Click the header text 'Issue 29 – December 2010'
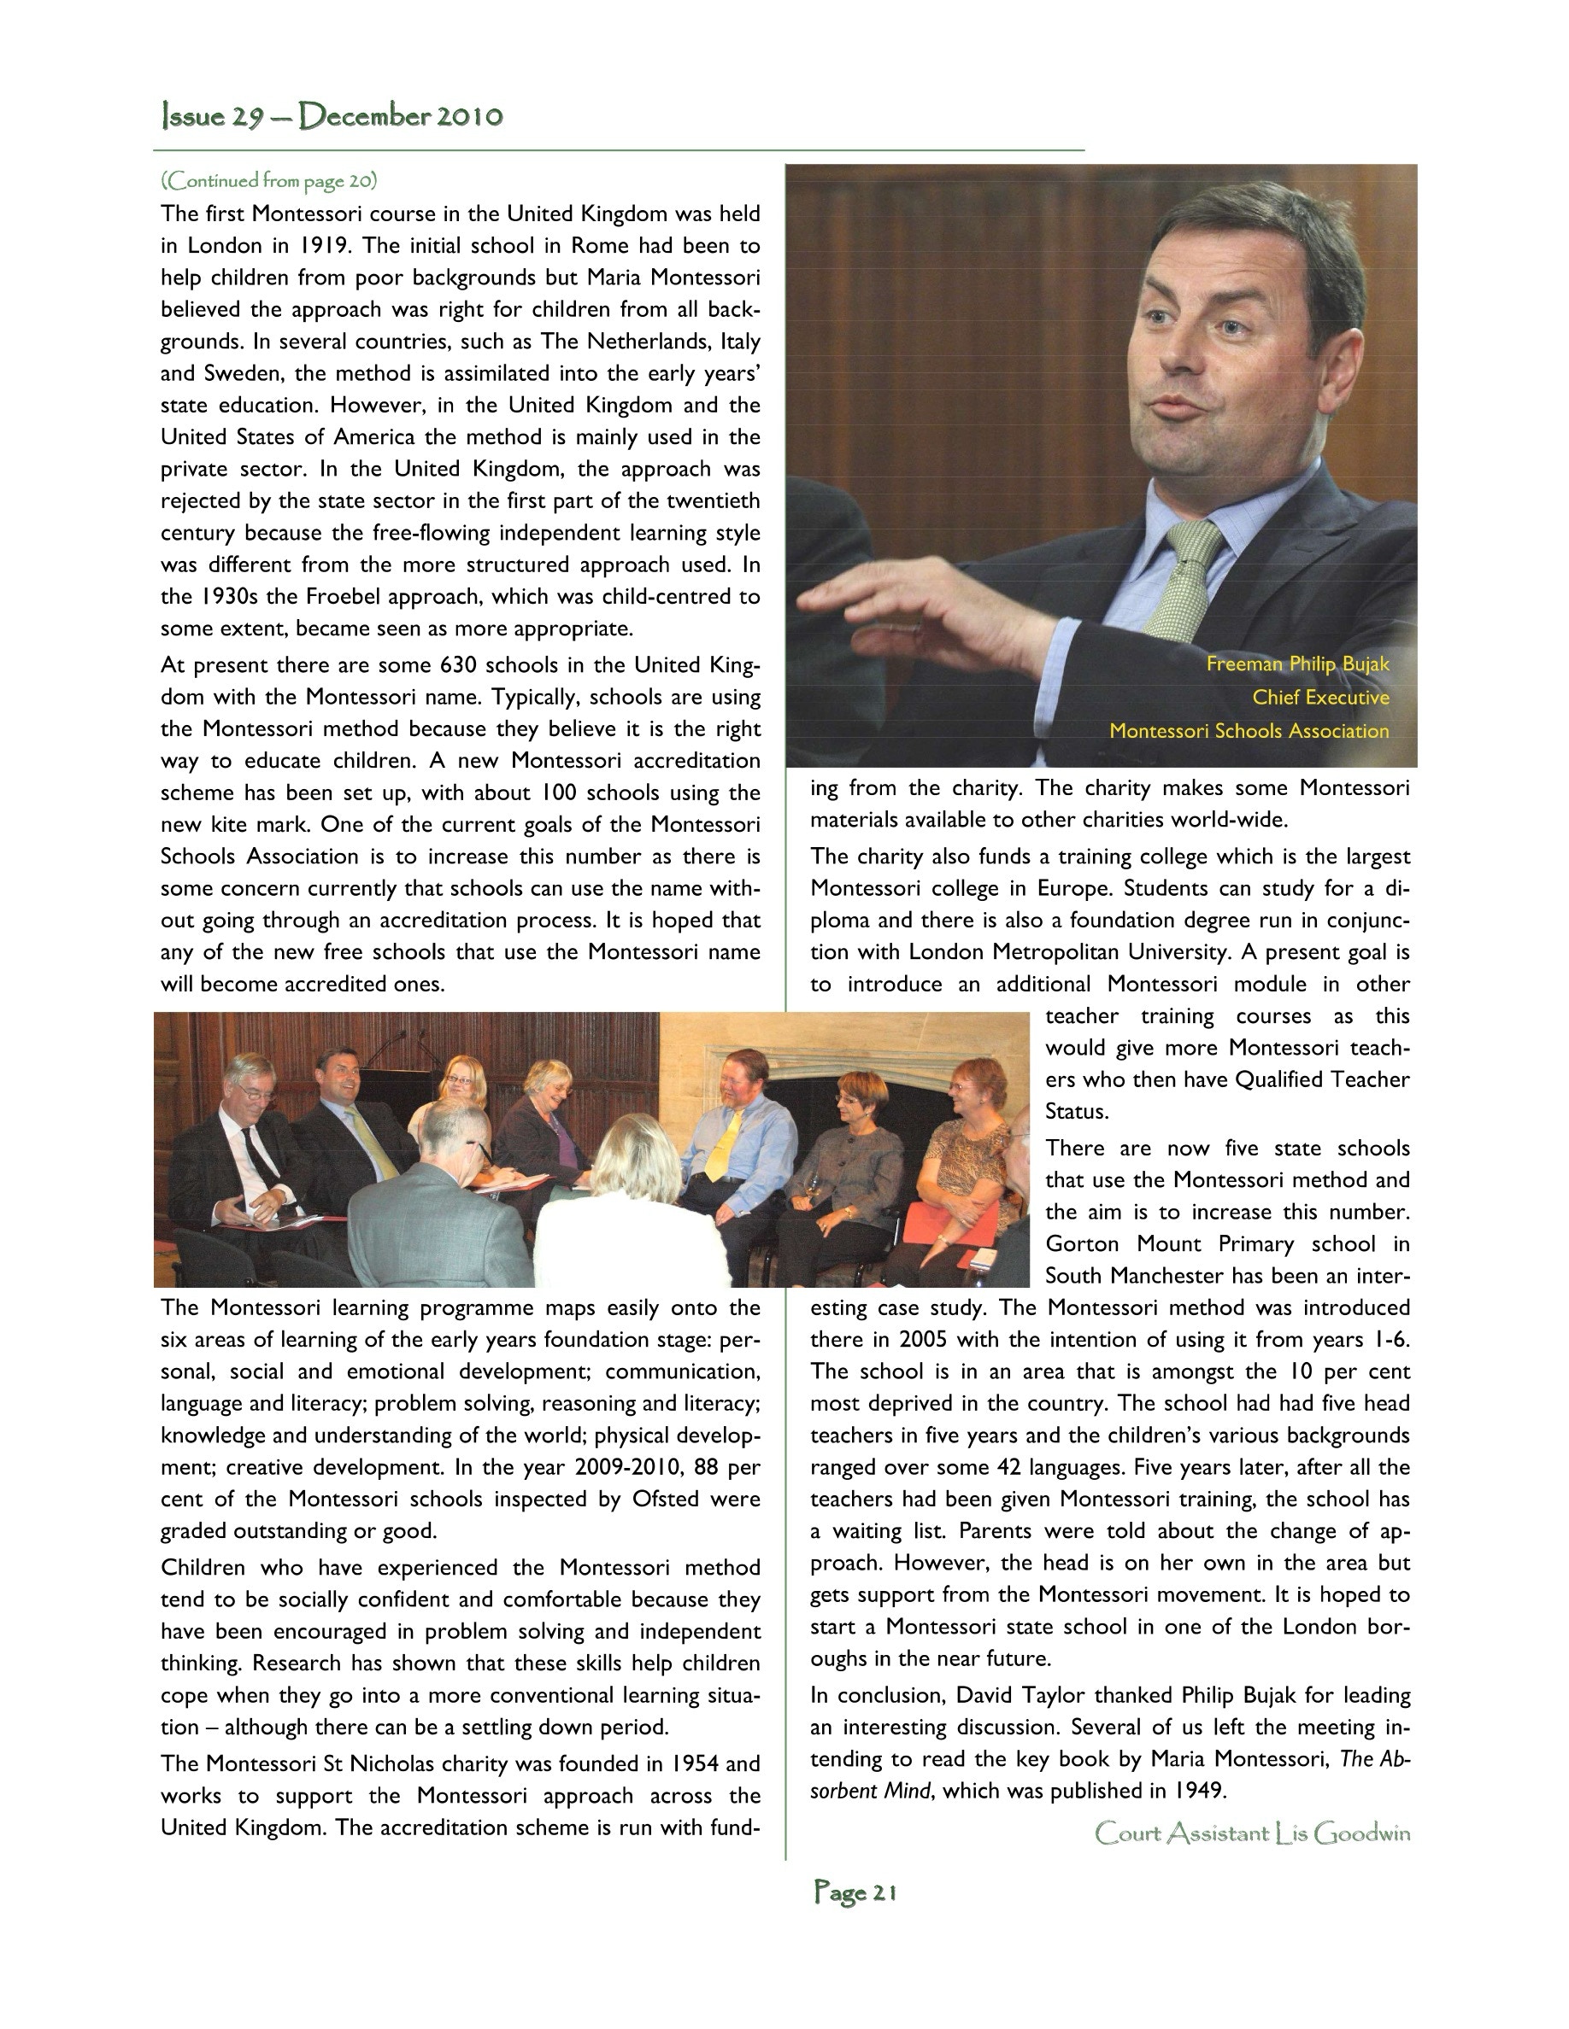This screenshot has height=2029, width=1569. (332, 116)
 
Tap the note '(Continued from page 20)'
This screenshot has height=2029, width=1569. (268, 180)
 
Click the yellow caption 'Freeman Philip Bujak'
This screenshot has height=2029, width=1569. (1297, 664)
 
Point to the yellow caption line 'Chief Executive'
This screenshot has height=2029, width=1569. (1320, 697)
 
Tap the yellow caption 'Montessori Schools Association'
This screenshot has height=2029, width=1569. (1249, 730)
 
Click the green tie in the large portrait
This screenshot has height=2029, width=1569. (1185, 577)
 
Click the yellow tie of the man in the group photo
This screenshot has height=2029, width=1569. (723, 1145)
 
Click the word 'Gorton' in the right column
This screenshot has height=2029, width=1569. (1082, 1244)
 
